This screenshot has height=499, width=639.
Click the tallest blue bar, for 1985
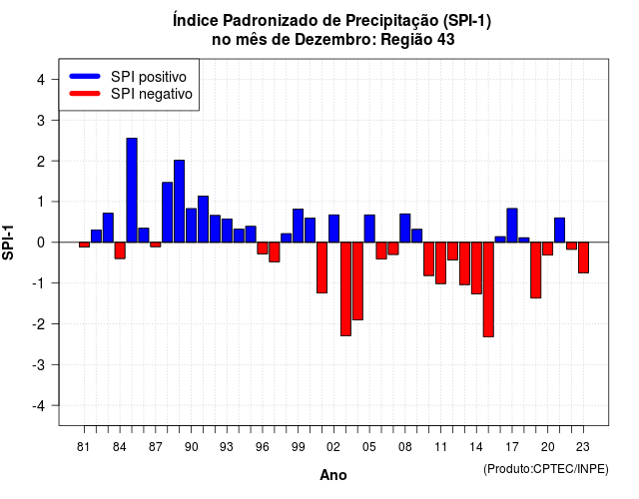click(132, 191)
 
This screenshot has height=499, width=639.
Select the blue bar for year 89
click(180, 202)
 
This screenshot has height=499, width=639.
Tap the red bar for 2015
click(488, 289)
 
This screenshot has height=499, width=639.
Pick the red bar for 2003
click(345, 288)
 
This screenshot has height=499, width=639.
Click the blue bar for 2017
click(512, 226)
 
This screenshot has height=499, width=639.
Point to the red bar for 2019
click(536, 270)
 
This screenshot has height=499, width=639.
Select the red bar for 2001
click(321, 267)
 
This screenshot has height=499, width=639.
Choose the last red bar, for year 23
click(583, 257)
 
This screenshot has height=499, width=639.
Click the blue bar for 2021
click(559, 231)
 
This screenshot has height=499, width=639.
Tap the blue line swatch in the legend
click(85, 76)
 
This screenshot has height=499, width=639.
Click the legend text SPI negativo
click(152, 94)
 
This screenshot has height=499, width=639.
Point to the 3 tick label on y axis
click(41, 120)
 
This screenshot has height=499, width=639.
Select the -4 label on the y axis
click(39, 406)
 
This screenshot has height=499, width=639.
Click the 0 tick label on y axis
click(41, 243)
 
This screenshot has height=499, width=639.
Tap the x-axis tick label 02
click(333, 447)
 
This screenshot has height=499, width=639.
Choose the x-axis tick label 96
click(263, 447)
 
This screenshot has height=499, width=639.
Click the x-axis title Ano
click(333, 475)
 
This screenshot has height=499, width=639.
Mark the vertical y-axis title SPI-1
click(8, 243)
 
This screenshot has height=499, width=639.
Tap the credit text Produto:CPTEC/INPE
click(546, 469)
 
